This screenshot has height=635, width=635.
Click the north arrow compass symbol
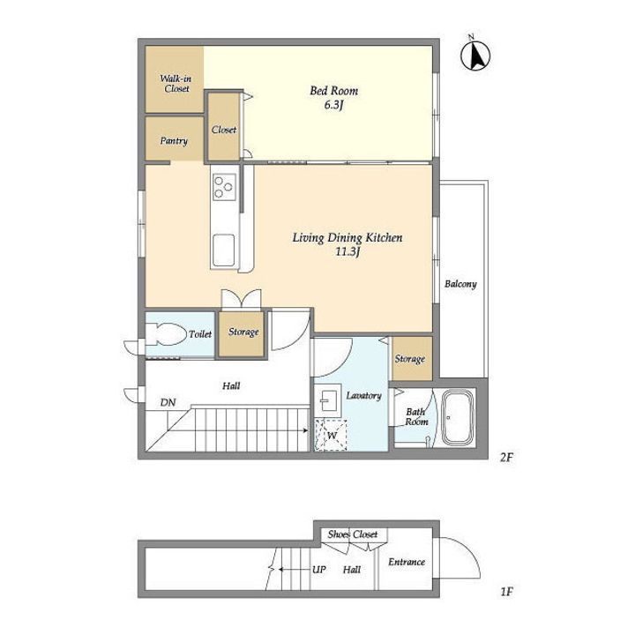[475, 55]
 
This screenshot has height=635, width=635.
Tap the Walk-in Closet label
[176, 84]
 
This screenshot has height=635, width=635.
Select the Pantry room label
[174, 141]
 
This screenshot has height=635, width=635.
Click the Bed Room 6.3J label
[333, 98]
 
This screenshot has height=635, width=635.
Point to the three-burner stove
[224, 186]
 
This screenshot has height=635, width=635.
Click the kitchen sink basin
[223, 250]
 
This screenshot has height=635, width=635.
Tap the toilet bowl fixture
[165, 333]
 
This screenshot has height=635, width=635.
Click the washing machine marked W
[332, 436]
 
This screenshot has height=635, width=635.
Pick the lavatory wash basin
[327, 400]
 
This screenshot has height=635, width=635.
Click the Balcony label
[460, 284]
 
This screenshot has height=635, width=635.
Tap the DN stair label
[168, 402]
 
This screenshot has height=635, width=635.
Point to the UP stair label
[319, 570]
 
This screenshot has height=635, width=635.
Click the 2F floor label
[506, 458]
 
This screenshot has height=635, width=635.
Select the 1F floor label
[506, 592]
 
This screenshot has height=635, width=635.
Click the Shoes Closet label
[353, 534]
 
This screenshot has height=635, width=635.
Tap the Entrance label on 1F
[407, 562]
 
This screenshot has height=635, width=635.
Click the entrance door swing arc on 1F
[471, 549]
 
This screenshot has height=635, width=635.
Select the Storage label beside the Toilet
[243, 332]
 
